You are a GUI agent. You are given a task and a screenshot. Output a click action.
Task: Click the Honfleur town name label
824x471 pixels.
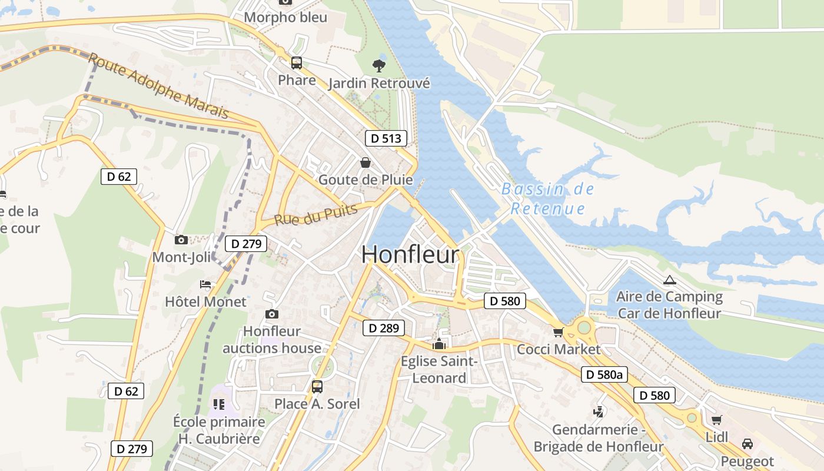tap(410, 254)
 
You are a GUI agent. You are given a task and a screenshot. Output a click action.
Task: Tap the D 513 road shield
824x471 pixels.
tap(386, 138)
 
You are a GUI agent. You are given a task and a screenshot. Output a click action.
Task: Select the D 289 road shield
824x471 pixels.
tap(384, 328)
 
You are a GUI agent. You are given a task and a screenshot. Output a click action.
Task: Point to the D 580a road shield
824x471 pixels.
tap(604, 374)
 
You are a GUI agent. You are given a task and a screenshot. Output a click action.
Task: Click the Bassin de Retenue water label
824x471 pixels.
tap(548, 199)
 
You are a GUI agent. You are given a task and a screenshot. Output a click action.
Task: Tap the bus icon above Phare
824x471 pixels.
tap(297, 63)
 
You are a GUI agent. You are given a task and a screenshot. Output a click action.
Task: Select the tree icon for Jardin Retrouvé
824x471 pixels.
tap(379, 65)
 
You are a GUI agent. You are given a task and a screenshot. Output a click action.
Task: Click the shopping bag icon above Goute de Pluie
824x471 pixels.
tap(366, 162)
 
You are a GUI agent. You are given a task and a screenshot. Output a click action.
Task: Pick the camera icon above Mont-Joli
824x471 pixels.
tap(181, 240)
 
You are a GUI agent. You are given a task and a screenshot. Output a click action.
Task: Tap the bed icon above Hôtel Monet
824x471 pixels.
tap(205, 284)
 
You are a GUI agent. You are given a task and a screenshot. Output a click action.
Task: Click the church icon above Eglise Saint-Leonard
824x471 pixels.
tap(438, 344)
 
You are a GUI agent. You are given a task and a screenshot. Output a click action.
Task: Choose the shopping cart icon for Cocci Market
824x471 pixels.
tap(558, 333)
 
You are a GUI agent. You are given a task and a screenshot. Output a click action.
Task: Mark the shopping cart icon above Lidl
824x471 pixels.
tap(716, 420)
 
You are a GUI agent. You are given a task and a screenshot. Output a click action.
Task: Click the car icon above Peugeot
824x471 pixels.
tap(747, 443)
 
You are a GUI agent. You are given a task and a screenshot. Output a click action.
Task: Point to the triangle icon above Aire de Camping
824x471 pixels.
tap(669, 280)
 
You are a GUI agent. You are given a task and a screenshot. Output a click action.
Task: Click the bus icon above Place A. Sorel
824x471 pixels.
tap(317, 387)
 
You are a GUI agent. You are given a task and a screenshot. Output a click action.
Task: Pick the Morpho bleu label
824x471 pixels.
tap(285, 17)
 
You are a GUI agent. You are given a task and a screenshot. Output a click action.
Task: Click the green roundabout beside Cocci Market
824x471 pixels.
tap(583, 327)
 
